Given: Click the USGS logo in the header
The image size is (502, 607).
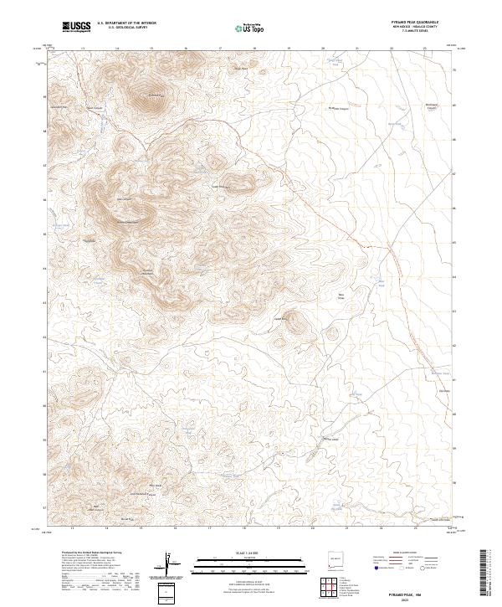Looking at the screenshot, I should click(x=76, y=27).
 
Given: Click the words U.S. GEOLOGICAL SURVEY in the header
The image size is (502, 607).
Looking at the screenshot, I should click(x=125, y=28).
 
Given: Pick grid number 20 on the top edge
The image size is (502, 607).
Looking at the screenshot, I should click(x=322, y=48).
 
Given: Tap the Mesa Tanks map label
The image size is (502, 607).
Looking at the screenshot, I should click(x=341, y=296).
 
